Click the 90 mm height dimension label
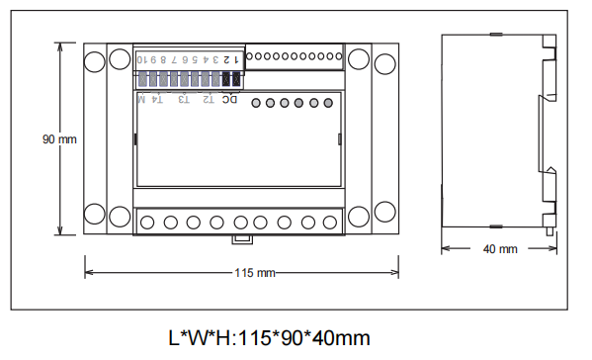tap(59, 139)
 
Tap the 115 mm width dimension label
tap(255, 273)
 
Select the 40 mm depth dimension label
tap(500, 249)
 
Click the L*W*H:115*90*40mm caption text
tap(269, 337)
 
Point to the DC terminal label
tap(229, 99)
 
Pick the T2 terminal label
tap(209, 99)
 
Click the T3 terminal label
tap(184, 99)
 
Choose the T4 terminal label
tap(157, 99)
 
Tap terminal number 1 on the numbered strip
tap(236, 59)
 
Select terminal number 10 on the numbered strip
tap(142, 59)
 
